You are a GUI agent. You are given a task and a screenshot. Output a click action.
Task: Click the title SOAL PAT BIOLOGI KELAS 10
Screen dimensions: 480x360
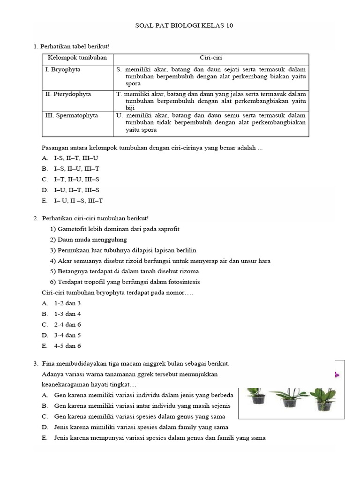click(x=180, y=26)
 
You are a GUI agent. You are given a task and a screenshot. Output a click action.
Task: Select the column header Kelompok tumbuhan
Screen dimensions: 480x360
click(x=77, y=58)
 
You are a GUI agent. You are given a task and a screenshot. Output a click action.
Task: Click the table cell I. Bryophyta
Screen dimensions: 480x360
click(x=63, y=69)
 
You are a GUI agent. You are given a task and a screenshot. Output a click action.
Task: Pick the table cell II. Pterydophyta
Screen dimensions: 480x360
click(x=68, y=94)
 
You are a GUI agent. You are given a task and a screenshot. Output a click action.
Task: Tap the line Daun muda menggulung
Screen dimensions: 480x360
click(x=88, y=240)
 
